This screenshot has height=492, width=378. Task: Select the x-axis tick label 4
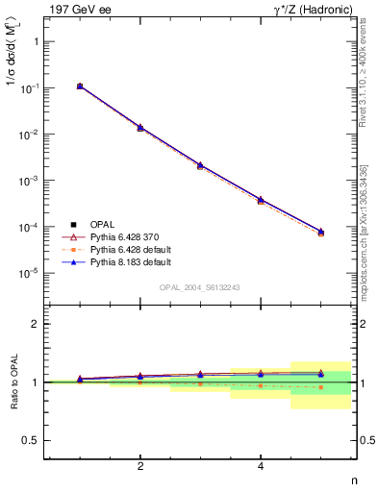pyautogui.click(x=261, y=467)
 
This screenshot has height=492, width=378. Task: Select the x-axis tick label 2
pyautogui.click(x=140, y=467)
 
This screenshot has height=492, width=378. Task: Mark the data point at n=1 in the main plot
pyautogui.click(x=80, y=86)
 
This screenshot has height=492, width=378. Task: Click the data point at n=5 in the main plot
pyautogui.click(x=320, y=232)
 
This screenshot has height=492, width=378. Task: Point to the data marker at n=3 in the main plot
pyautogui.click(x=200, y=165)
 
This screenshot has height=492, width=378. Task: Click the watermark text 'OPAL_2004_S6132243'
pyautogui.click(x=200, y=287)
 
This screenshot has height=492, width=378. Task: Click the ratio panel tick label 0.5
pyautogui.click(x=31, y=440)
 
